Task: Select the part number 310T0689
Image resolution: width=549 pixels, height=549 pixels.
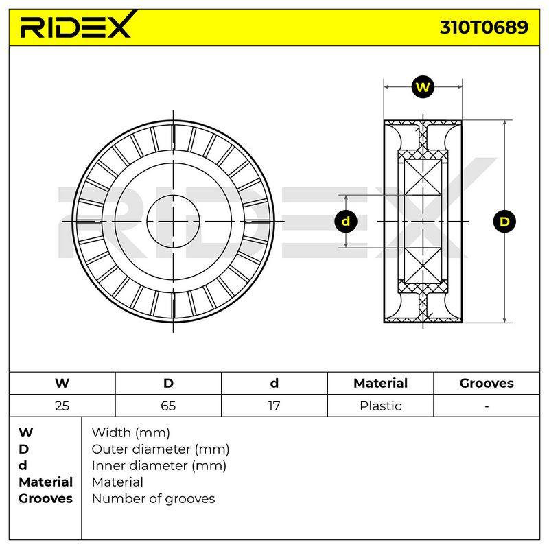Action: (484, 27)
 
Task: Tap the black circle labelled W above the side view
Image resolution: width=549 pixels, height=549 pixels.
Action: (423, 87)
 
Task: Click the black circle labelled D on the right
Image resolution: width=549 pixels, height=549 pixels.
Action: (504, 222)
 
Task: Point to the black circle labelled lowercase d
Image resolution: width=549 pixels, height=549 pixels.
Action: (346, 221)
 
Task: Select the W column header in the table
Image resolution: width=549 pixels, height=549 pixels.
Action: (62, 384)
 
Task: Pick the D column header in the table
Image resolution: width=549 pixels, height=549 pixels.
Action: (168, 384)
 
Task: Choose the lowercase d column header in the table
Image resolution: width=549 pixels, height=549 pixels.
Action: (274, 384)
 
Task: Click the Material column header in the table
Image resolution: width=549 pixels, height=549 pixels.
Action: (381, 384)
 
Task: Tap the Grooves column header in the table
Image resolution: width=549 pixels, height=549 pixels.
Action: (487, 384)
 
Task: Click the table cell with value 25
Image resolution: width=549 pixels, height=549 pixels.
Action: (62, 406)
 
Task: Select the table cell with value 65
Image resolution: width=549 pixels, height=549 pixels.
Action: (168, 406)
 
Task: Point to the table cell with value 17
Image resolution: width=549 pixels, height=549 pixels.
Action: (274, 406)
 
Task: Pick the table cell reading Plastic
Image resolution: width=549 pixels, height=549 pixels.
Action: (381, 406)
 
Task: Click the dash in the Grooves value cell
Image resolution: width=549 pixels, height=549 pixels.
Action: (487, 407)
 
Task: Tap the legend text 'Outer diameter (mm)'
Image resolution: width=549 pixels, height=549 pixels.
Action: (161, 449)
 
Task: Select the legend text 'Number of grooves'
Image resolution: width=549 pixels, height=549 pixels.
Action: (153, 499)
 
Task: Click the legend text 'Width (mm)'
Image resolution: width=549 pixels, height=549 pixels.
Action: (131, 433)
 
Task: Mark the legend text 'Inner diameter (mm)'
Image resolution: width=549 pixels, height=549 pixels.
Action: (159, 466)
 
